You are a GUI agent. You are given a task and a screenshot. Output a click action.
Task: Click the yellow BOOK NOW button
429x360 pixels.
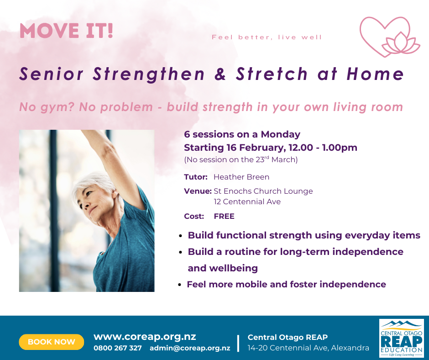tap(52, 342)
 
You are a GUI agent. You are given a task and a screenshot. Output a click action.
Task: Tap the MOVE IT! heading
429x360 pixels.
tap(66, 31)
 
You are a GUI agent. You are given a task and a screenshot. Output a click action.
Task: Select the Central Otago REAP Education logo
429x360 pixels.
tap(401, 338)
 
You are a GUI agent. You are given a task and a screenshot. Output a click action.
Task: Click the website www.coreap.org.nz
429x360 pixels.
tap(145, 337)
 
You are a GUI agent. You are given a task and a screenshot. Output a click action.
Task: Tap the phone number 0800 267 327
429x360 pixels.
tap(118, 348)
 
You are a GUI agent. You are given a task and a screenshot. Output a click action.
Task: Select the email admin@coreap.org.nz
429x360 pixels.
tap(190, 348)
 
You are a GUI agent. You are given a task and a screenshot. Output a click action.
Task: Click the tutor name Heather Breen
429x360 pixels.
tap(241, 177)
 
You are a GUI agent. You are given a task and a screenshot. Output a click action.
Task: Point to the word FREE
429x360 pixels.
tap(224, 216)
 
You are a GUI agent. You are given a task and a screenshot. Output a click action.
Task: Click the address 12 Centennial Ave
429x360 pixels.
tap(247, 201)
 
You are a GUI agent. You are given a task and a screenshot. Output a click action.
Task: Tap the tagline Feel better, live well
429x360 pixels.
tap(267, 37)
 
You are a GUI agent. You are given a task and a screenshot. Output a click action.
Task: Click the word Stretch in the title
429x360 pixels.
tap(272, 74)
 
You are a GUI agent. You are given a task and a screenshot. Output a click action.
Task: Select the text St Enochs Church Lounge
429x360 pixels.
tap(263, 191)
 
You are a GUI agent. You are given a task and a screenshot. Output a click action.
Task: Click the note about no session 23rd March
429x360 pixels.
tap(241, 159)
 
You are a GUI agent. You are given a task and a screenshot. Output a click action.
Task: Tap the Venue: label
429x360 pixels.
tap(198, 191)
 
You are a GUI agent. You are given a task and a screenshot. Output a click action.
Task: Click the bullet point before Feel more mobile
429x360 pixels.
tap(181, 285)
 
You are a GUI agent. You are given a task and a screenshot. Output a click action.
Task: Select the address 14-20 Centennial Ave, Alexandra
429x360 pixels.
tap(309, 348)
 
